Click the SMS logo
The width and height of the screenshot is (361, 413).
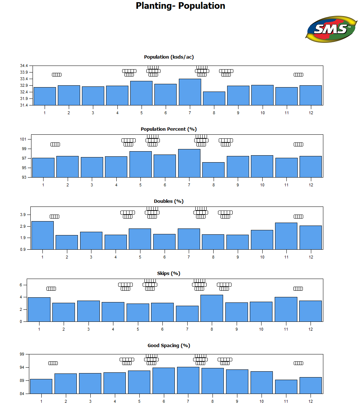point(331,29)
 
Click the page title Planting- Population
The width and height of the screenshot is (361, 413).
point(180,6)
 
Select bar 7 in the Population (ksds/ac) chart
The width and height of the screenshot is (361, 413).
point(190,92)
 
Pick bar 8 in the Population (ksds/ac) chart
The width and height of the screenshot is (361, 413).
point(214,98)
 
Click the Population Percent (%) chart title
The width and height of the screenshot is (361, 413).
point(169,129)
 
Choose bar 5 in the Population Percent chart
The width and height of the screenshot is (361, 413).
point(140,164)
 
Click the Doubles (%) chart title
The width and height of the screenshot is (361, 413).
point(169,201)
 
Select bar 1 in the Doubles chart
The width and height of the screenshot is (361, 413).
point(42,235)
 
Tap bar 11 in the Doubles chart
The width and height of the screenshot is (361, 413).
point(286,236)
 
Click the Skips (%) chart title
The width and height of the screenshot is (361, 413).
point(169,273)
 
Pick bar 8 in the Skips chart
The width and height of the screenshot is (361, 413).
point(212,308)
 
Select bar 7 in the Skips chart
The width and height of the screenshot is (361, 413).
point(187,313)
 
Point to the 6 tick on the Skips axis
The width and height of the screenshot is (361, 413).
point(21,285)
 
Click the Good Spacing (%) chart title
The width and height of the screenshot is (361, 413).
point(169,345)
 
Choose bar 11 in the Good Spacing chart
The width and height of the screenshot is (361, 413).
point(286,387)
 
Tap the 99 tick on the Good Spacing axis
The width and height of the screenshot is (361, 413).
point(22,354)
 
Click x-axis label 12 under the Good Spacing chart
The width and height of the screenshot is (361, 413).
point(311,401)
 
